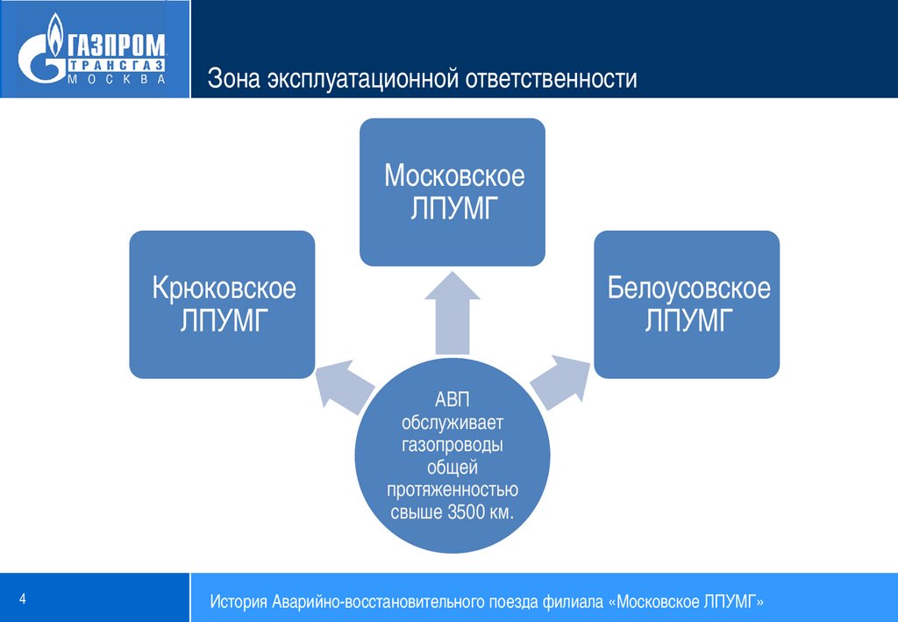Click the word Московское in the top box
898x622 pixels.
coord(454,175)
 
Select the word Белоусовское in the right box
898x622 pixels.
coord(688,288)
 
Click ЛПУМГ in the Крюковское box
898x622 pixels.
coord(223,321)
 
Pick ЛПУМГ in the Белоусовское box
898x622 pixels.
coord(688,321)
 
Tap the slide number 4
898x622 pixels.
coord(23,598)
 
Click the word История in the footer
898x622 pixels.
coord(239,603)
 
